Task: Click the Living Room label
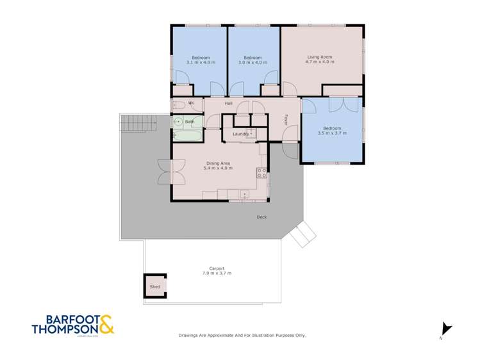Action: (x=319, y=57)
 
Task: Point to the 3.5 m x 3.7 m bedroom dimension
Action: (x=332, y=133)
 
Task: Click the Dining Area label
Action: (x=218, y=163)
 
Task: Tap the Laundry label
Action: (x=240, y=133)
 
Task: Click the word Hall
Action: (x=228, y=104)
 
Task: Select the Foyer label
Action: (x=286, y=119)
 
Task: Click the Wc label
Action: (x=191, y=103)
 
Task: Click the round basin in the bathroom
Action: (x=179, y=121)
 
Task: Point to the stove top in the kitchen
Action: (x=261, y=172)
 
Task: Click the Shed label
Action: (x=155, y=286)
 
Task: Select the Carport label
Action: (x=217, y=268)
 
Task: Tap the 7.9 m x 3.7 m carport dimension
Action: (x=217, y=274)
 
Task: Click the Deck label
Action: (x=261, y=217)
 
